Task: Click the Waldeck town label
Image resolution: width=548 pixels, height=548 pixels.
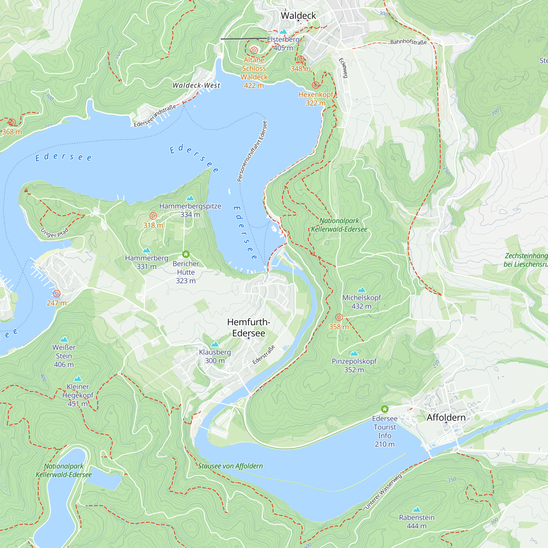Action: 298,15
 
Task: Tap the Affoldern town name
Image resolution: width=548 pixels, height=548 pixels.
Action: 446,418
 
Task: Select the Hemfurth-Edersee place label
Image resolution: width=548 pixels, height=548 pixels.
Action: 249,327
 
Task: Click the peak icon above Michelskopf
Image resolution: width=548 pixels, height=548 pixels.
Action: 361,290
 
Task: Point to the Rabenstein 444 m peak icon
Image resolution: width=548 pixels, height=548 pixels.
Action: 416,509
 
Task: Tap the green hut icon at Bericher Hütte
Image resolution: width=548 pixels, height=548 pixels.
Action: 186,254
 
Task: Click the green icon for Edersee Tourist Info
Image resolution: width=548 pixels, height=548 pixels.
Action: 385,409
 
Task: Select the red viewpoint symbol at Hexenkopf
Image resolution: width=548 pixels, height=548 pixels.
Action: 315,85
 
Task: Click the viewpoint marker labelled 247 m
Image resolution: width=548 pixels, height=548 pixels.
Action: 57,293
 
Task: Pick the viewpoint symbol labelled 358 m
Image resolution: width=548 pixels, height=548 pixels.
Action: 339,317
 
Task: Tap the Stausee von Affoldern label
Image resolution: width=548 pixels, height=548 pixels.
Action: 230,466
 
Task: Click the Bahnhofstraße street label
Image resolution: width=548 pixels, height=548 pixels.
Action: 409,42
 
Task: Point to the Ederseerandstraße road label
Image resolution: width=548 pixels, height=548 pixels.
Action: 155,116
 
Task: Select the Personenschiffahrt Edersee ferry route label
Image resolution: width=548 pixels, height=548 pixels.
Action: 252,151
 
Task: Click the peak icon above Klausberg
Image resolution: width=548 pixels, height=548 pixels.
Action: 215,344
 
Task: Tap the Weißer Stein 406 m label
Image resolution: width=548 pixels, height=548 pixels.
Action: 64,356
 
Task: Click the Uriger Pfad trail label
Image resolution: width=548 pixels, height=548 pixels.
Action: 55,233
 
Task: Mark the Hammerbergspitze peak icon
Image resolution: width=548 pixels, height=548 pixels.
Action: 190,198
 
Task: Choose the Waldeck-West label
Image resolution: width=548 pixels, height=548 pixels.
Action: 196,85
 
